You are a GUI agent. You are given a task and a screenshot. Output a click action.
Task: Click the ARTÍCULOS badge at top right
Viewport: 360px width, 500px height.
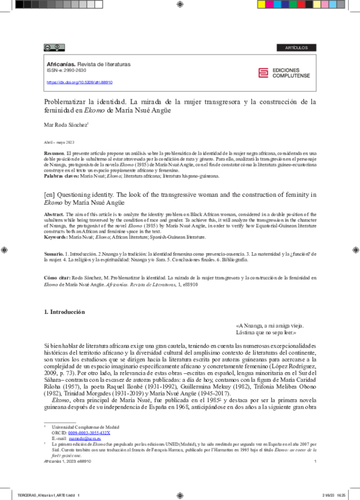296,47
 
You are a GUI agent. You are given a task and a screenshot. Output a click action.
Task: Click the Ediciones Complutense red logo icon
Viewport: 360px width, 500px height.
263,73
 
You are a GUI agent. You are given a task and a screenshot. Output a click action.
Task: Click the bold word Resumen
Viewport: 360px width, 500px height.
55,154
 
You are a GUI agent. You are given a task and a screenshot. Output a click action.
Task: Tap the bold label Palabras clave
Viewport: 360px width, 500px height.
61,176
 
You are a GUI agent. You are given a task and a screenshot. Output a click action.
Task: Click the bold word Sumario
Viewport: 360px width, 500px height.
54,255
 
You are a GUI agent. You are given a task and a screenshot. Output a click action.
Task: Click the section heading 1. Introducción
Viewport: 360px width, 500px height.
65,312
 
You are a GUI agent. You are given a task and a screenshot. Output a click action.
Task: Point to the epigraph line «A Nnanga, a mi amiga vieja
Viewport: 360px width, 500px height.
275,325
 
